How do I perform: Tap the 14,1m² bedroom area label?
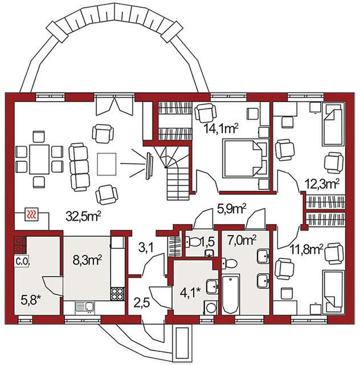coord(221,128)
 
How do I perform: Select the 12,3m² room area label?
coord(322,184)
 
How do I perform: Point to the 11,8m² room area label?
coord(307,250)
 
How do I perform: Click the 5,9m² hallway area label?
coord(231,209)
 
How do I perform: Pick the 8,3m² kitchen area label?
coord(87,260)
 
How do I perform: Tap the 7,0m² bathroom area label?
coord(242,240)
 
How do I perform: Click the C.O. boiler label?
coord(22,262)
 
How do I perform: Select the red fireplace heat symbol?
coord(31,214)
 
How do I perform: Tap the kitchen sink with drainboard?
coord(85,307)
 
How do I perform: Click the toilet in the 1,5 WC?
coord(193,242)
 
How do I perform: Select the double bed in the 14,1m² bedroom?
coord(246,159)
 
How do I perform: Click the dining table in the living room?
coord(39,159)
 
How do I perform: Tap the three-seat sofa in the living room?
coord(79,167)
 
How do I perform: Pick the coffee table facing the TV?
coord(107,164)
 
